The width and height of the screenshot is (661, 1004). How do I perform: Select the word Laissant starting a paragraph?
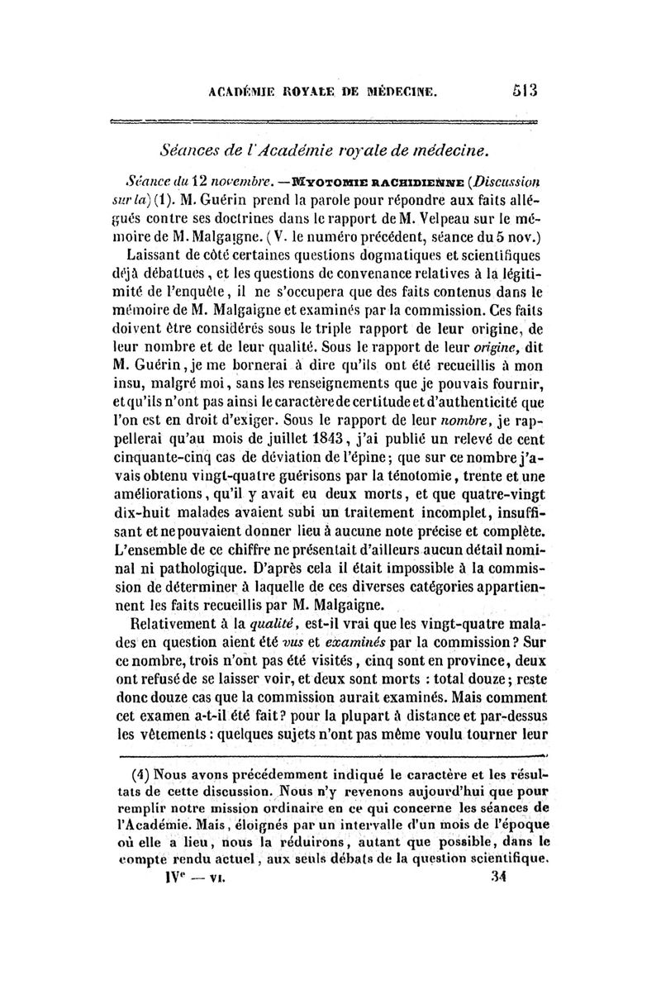pyautogui.click(x=161, y=255)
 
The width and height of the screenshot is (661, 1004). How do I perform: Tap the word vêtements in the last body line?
pyautogui.click(x=182, y=734)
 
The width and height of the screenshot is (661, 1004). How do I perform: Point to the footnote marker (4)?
pyautogui.click(x=142, y=775)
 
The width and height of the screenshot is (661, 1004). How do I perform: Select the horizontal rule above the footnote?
pyautogui.click(x=330, y=755)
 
